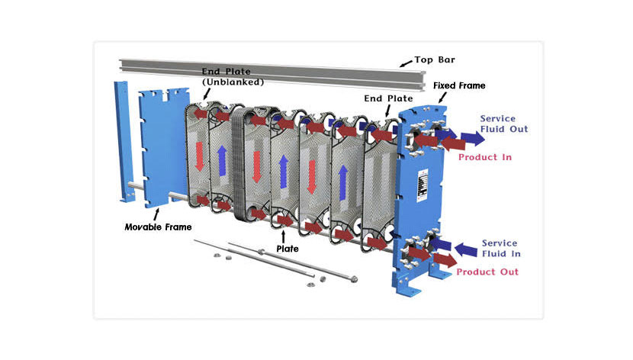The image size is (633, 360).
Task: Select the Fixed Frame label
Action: (459, 85)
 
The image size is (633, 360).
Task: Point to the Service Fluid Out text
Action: (503, 124)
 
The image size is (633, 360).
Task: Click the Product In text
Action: (484, 157)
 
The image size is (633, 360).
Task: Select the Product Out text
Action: (488, 272)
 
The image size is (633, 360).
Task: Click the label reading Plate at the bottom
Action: (288, 248)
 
